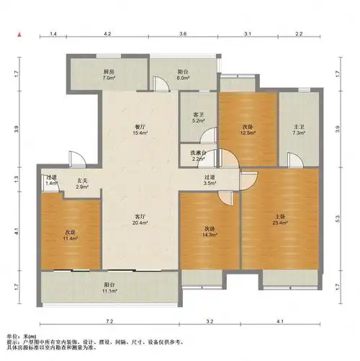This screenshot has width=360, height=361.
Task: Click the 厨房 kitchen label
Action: click(x=109, y=72)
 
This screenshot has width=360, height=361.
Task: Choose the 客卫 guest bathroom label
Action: click(x=199, y=115)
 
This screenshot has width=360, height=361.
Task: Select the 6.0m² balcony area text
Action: click(x=184, y=79)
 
